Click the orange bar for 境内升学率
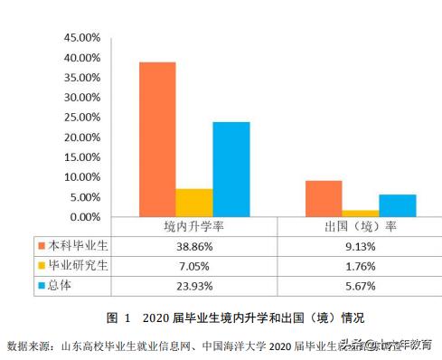[156, 139]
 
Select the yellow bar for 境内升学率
[193, 203]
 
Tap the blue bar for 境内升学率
[231, 169]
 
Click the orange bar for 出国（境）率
[323, 199]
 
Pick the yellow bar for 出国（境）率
[360, 213]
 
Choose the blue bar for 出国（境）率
[398, 206]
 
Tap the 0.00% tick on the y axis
[85, 217]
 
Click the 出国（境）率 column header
[360, 226]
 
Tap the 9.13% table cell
[360, 245]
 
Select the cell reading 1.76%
[360, 266]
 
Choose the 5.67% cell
[360, 286]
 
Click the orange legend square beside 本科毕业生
[41, 245]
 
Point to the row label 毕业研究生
[79, 266]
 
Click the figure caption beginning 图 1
[222, 317]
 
